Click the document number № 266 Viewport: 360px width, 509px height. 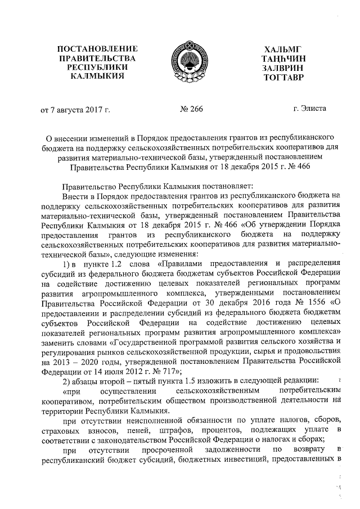point(191,109)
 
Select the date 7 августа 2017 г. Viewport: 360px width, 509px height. point(79,109)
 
